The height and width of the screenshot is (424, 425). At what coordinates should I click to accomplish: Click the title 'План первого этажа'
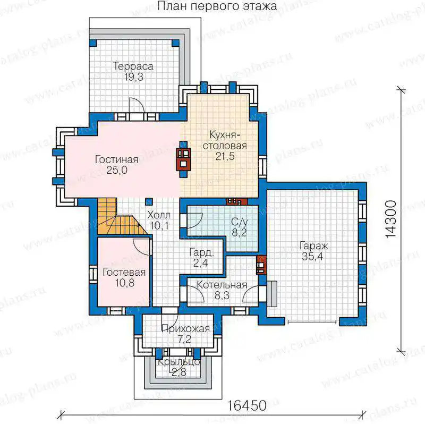pos(217,6)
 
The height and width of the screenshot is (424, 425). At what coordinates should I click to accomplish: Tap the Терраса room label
pos(133,66)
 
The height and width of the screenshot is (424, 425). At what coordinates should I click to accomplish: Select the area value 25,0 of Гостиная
pos(117,170)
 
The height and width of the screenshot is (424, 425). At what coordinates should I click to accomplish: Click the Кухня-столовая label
pos(225,140)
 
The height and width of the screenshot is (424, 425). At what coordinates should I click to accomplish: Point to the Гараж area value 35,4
pos(312,256)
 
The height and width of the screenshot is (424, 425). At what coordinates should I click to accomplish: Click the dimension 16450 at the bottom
pos(246,405)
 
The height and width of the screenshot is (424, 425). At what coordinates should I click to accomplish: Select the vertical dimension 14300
pos(391,219)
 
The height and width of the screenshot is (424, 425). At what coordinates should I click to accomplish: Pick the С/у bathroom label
pos(240,222)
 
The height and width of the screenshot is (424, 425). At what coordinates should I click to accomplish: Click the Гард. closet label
pos(201,252)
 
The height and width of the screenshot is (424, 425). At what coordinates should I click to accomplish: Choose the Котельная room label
pos(222,285)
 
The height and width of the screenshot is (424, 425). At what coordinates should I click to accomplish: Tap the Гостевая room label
pos(124,272)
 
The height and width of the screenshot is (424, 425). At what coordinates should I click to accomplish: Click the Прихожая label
pos(185,328)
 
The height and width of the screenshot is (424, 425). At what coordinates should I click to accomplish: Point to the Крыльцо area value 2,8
pos(179,372)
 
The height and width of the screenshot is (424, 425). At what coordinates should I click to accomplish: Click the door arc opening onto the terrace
pos(137,105)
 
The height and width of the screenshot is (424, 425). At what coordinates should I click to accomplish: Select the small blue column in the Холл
pos(149,201)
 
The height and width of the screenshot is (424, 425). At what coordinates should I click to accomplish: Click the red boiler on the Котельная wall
pos(261,265)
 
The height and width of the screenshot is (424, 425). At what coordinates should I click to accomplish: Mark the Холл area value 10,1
pos(160,225)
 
